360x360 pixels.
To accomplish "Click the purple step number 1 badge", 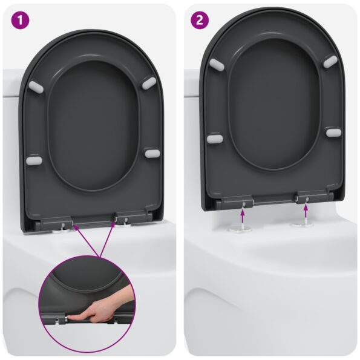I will (22, 21).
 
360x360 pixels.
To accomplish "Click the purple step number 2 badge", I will (198, 21).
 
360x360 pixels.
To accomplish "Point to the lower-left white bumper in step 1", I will (34, 161).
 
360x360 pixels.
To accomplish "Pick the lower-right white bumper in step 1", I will (151, 154).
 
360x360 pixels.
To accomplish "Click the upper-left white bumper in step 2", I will (217, 62).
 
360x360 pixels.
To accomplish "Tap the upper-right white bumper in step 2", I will (330, 61).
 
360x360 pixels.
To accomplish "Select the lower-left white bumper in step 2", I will (214, 139).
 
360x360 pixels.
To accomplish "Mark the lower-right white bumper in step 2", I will (333, 132).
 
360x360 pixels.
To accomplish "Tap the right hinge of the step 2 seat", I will (305, 196).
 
